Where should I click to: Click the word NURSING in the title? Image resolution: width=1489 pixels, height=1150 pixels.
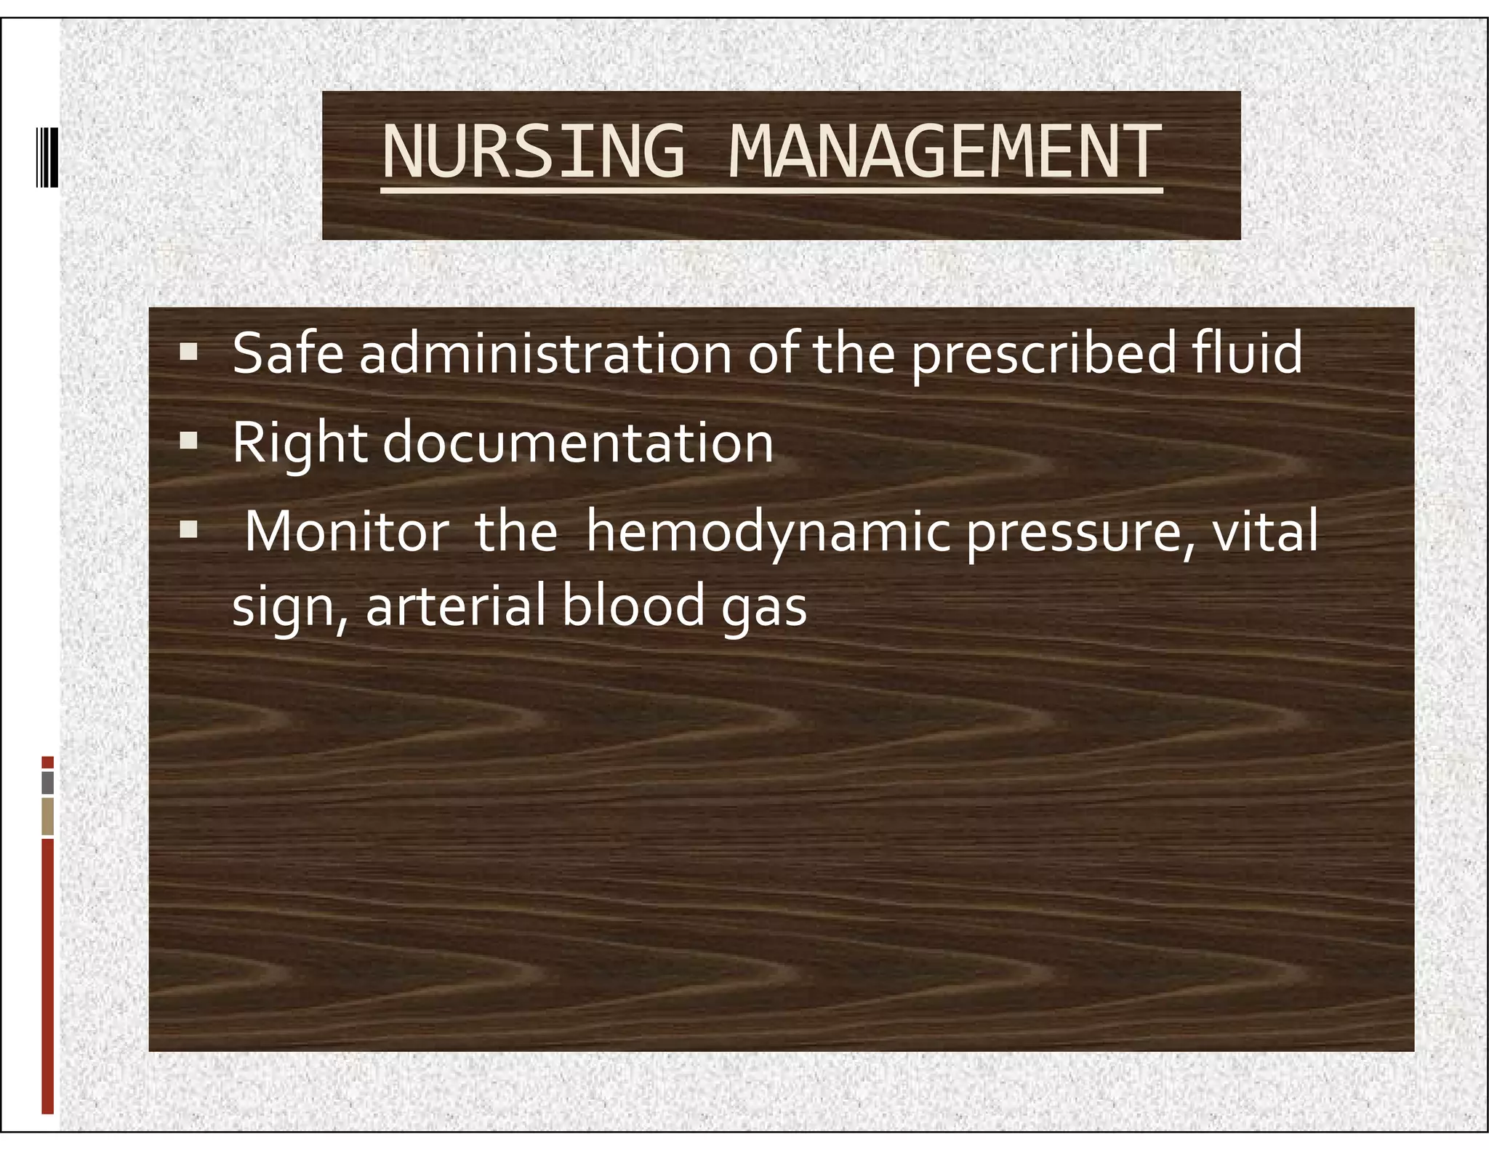(x=533, y=151)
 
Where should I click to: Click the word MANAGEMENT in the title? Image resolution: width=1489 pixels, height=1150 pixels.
(x=944, y=151)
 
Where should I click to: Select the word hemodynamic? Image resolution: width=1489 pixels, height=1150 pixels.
(x=768, y=534)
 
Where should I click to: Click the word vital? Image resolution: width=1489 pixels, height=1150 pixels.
(x=1264, y=532)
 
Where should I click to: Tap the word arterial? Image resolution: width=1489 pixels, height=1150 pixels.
(x=455, y=606)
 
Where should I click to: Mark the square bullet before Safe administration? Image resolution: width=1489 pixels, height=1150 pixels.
(x=189, y=353)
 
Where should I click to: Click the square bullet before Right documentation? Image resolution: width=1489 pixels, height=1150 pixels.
(x=189, y=441)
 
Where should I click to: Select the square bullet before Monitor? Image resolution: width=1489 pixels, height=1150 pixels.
(x=189, y=529)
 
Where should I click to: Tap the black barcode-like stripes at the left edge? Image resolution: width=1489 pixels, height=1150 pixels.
(x=47, y=157)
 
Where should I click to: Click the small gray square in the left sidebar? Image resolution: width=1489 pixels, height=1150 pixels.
(x=48, y=783)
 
